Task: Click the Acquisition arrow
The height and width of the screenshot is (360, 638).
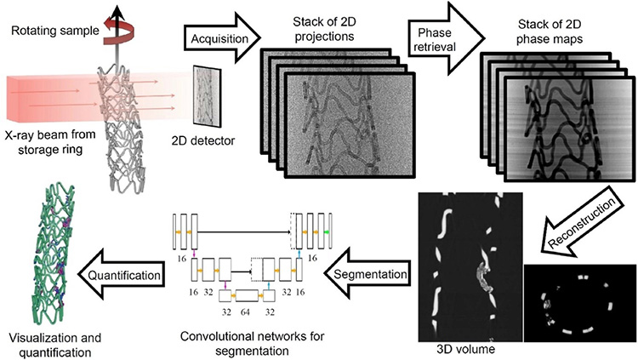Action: [214, 37]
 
